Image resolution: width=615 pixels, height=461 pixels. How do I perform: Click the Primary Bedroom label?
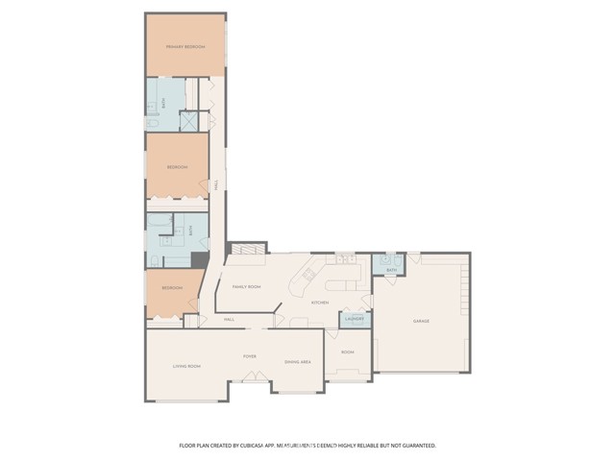tap(185, 46)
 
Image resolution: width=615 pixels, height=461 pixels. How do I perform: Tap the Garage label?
tap(421, 320)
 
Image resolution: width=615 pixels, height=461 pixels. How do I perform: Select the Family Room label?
tap(247, 287)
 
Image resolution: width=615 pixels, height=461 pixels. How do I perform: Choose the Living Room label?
tap(185, 365)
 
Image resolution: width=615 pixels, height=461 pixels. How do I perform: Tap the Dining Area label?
tap(297, 361)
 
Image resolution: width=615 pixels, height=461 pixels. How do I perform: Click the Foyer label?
tap(249, 356)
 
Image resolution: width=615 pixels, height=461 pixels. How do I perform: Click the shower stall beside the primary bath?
tap(189, 121)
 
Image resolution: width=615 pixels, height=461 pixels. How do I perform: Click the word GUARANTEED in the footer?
tap(416, 446)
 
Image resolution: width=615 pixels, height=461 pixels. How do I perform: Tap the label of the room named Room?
tap(347, 352)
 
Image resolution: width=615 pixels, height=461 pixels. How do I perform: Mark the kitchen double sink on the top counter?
tap(344, 258)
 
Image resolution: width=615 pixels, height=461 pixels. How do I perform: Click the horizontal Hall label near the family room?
tap(230, 319)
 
